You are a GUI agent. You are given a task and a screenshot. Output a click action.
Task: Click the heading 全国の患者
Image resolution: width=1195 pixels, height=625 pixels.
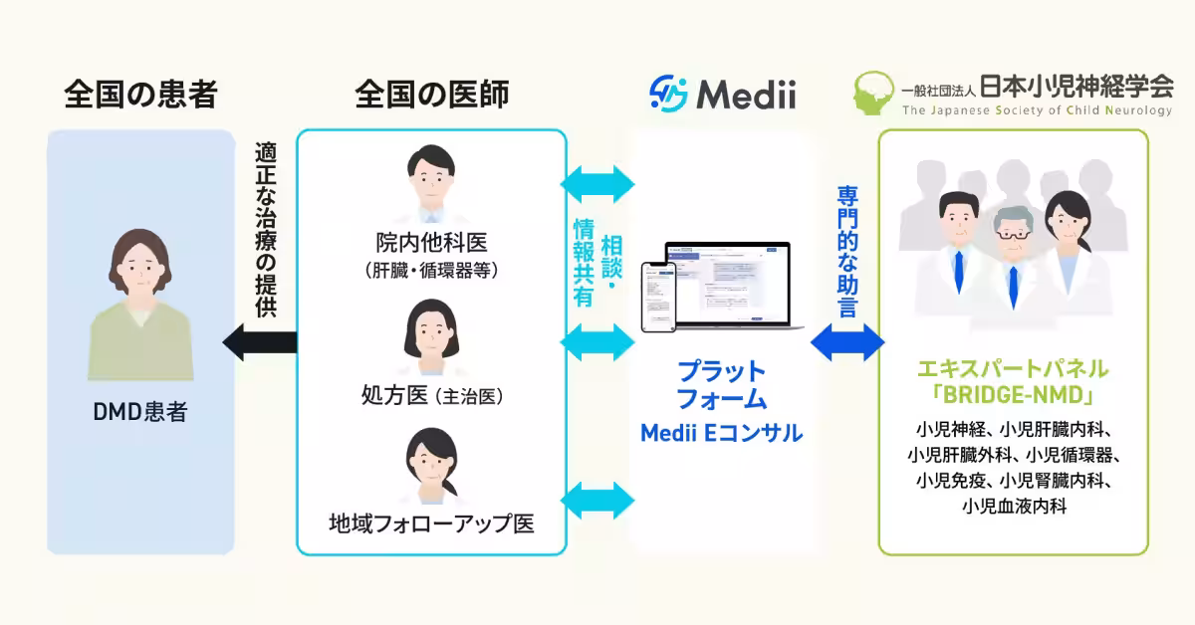pyautogui.click(x=140, y=95)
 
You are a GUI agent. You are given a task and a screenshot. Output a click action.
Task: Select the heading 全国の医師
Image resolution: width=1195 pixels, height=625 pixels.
pyautogui.click(x=431, y=95)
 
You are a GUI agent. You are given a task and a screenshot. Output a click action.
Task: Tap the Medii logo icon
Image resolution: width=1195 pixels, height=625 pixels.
pyautogui.click(x=668, y=95)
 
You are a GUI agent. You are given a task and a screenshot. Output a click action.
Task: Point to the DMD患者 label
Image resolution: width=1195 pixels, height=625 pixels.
pyautogui.click(x=140, y=411)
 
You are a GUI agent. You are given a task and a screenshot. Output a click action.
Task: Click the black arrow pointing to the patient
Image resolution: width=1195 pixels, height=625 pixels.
pyautogui.click(x=259, y=342)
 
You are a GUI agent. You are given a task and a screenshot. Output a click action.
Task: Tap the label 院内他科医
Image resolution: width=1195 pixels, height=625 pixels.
pyautogui.click(x=431, y=242)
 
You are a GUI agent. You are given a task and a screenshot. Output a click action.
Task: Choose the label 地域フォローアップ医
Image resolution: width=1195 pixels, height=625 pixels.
pyautogui.click(x=431, y=522)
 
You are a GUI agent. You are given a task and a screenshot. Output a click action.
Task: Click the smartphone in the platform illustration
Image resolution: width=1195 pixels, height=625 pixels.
pyautogui.click(x=656, y=298)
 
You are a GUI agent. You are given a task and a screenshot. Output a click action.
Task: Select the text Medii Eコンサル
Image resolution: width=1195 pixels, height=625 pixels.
pyautogui.click(x=721, y=433)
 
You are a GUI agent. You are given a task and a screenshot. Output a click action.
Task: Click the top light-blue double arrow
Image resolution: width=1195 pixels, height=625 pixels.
pyautogui.click(x=598, y=183)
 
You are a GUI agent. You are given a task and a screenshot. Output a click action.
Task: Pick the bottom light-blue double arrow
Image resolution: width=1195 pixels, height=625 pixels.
pyautogui.click(x=598, y=497)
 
